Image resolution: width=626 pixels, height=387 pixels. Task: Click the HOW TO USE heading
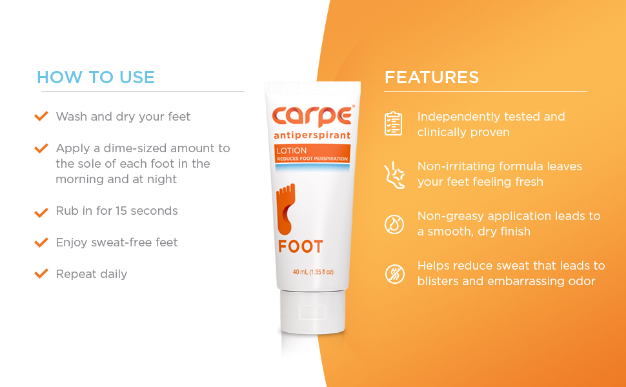(96, 77)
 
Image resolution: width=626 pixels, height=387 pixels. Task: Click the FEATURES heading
(432, 77)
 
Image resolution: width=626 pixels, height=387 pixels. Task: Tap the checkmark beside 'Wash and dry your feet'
(41, 116)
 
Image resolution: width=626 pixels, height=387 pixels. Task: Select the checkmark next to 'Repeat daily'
(41, 273)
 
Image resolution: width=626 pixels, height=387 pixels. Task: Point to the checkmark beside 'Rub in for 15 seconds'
(41, 211)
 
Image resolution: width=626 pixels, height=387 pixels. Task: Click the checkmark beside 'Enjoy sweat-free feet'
(41, 243)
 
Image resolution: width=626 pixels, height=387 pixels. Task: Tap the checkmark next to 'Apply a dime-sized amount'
(41, 148)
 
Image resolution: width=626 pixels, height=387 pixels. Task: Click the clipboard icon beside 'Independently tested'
(393, 123)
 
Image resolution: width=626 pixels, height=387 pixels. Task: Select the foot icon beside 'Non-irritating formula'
(393, 174)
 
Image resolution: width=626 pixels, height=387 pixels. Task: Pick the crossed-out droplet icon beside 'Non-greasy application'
(393, 224)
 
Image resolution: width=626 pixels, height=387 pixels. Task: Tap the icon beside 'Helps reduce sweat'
(393, 273)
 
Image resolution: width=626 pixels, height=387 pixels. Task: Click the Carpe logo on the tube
(312, 115)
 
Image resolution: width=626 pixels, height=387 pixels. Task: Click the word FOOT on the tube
(301, 246)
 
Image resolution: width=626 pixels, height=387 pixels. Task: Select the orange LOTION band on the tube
(312, 153)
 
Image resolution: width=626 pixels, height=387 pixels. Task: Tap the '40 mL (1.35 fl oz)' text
(313, 272)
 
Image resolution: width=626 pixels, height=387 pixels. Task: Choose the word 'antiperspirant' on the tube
(312, 135)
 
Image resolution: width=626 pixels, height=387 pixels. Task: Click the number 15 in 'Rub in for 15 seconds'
(123, 211)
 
